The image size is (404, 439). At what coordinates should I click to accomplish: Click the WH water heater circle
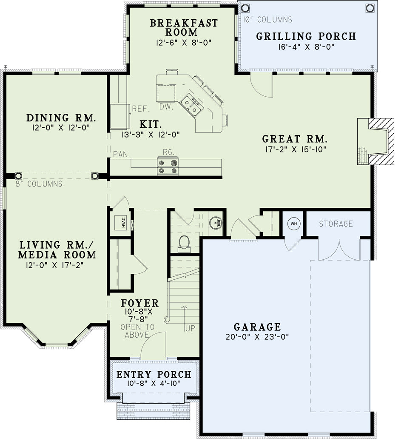[293, 224]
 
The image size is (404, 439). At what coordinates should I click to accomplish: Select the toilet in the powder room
[184, 243]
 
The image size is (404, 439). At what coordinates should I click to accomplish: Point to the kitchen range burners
[168, 166]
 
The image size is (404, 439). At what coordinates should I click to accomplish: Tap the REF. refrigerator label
[141, 109]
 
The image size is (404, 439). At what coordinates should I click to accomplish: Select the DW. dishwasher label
[166, 107]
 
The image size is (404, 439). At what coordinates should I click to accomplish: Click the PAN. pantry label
[122, 154]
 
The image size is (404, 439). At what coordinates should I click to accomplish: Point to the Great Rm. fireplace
[376, 141]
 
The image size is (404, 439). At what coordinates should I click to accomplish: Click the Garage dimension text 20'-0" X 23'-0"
[257, 336]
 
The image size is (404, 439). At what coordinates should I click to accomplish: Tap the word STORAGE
[336, 224]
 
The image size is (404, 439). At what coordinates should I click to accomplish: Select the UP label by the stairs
[190, 328]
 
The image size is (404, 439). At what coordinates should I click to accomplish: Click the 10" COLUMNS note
[267, 20]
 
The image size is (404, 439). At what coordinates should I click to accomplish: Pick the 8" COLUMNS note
[39, 184]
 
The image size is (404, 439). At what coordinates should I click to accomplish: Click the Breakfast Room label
[184, 27]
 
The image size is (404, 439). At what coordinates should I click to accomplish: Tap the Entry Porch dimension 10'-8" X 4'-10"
[154, 383]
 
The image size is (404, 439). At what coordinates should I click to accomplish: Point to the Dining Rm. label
[61, 118]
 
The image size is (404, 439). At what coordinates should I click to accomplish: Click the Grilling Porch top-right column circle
[370, 8]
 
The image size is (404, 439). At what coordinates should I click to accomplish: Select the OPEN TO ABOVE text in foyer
[137, 331]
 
